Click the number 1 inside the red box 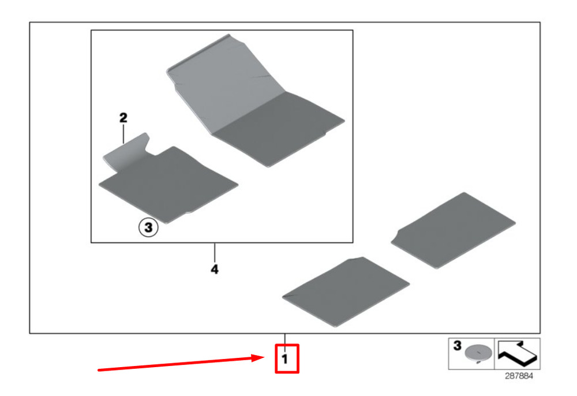tap(284, 359)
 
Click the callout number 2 tap(123, 118)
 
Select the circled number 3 tap(148, 227)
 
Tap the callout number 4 tap(215, 270)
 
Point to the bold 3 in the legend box tap(457, 346)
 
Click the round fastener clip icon tap(478, 353)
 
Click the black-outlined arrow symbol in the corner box tap(517, 353)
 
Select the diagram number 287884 tap(519, 376)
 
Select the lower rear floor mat tap(346, 292)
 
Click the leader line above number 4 tap(215, 252)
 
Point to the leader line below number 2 tap(123, 134)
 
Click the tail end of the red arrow tap(98, 370)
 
